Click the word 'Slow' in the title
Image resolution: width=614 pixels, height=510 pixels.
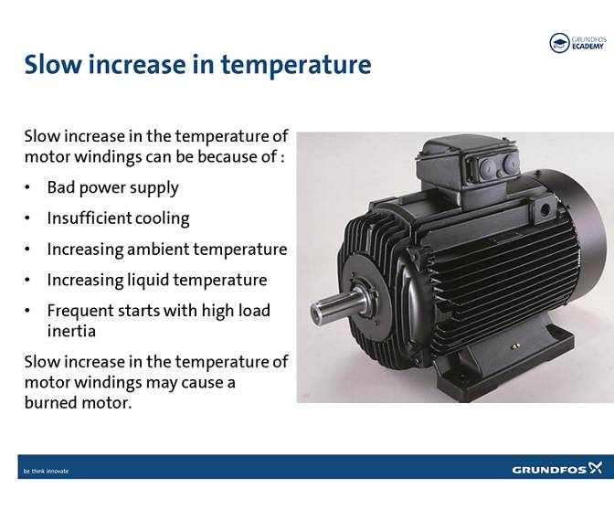tap(53, 65)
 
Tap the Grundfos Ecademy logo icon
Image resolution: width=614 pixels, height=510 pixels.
tap(558, 43)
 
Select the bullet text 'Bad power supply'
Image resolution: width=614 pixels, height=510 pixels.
tap(113, 187)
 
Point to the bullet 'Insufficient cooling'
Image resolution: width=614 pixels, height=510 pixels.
tap(119, 218)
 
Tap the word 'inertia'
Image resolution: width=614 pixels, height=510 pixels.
tap(71, 330)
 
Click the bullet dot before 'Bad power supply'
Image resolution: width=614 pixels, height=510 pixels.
tap(28, 188)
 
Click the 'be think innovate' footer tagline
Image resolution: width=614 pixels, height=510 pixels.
tap(46, 472)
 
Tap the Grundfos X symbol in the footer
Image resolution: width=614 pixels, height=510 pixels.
tap(597, 469)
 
